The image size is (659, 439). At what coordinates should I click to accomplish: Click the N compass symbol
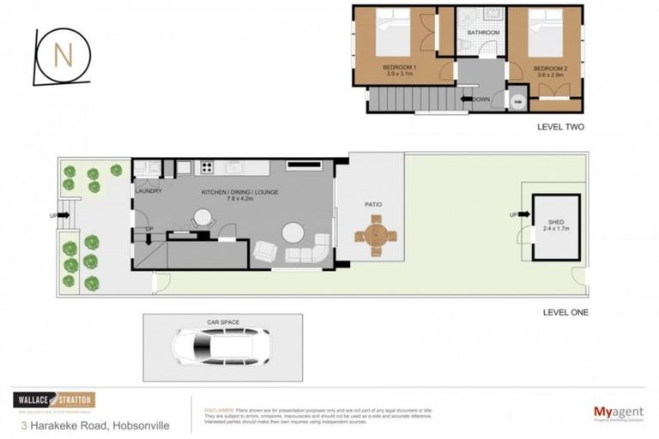coord(61,57)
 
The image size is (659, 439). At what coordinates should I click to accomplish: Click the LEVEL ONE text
coord(564,311)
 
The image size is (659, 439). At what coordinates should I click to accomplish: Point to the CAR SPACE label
coord(221,322)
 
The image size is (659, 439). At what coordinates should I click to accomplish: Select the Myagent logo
coord(620,412)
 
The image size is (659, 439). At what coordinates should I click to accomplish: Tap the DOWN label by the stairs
coord(481,99)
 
